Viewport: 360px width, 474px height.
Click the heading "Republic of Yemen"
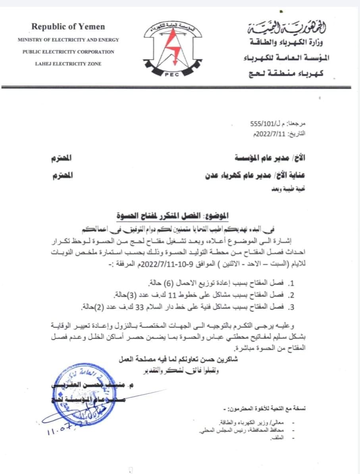tap(68, 27)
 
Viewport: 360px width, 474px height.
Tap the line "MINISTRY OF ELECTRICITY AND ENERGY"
tap(68, 40)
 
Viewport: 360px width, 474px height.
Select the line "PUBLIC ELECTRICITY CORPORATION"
tap(68, 52)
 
